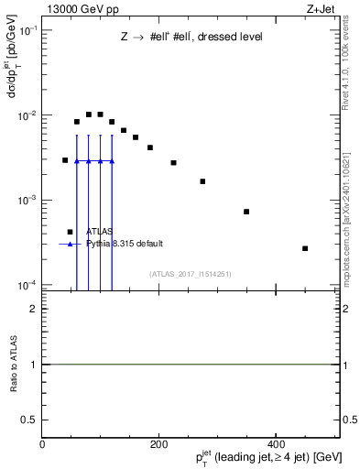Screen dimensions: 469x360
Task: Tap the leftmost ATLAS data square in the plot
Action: pos(65,160)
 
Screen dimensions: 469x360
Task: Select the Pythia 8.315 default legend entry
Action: pos(125,244)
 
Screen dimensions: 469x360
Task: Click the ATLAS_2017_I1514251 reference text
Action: pos(190,274)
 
